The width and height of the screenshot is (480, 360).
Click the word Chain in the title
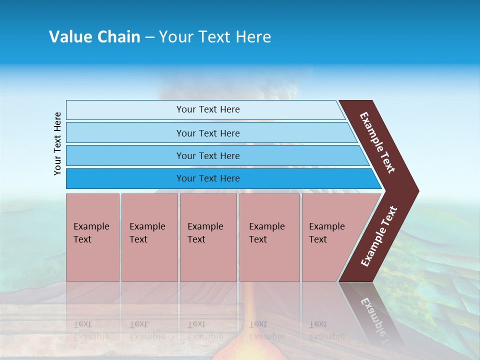tap(118, 37)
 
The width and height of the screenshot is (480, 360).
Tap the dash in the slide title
tap(149, 37)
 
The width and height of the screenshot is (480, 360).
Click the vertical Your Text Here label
tap(57, 143)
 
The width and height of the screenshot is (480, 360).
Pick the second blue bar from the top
tap(207, 133)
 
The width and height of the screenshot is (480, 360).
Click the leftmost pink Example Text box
tap(92, 237)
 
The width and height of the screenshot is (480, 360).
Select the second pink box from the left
tap(149, 237)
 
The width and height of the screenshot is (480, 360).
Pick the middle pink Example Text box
tap(208, 237)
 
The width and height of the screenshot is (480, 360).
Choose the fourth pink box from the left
tap(269, 237)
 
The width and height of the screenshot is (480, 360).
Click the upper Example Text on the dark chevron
tap(377, 142)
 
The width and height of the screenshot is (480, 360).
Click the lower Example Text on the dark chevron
tap(379, 236)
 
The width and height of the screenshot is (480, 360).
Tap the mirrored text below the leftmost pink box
tap(91, 330)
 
